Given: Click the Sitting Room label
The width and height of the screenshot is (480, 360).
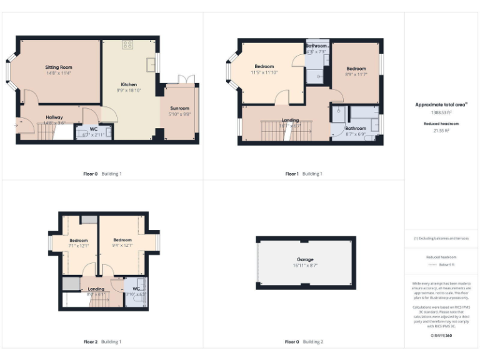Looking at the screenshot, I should coord(59,67).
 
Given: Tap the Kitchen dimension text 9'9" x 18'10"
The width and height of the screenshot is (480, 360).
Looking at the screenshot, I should coord(129,90).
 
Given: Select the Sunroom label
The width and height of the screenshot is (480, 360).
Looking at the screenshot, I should coord(179,108).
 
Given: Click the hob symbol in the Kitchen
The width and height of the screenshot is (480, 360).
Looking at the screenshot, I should coord(128,44).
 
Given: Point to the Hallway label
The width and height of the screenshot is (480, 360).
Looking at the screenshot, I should coord(54,117).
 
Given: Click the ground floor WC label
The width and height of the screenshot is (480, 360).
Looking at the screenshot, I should coord(94,129).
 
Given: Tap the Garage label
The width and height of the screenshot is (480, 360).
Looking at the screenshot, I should coord(305,259).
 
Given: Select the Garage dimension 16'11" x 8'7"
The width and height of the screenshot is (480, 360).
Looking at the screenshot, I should coord(305,266).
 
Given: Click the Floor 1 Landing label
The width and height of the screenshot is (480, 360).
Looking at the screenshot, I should coord(290,119).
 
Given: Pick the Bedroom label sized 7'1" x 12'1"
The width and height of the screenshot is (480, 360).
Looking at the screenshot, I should coord(79,240).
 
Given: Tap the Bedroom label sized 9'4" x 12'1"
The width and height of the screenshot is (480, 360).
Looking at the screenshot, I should coord(122,240).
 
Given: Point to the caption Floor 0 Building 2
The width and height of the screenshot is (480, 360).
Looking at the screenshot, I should coord(304,342).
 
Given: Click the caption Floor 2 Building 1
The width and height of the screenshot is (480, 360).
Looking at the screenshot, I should coord(102,342).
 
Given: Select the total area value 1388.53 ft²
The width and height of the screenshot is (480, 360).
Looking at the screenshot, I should coord(441,112).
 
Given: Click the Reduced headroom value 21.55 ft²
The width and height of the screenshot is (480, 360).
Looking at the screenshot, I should coord(441,131).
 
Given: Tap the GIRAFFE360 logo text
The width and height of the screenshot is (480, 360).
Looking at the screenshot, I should coord(441,336).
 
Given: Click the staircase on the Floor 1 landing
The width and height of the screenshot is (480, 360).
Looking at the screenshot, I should coord(272,132).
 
